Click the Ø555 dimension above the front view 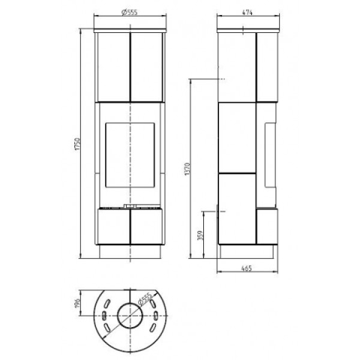pos(130,12)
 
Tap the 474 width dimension pos(247,12)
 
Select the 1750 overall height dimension pos(77,144)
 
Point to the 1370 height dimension pos(187,169)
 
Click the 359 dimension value pos(200,235)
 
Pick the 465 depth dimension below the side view pos(247,268)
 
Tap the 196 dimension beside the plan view pos(77,303)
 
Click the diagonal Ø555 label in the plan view pos(145,299)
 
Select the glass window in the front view pos(130,154)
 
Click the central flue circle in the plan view pos(130,316)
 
